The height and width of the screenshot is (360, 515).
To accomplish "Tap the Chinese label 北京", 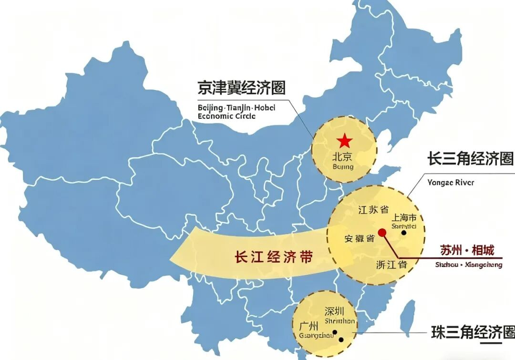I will pyautogui.click(x=342, y=157).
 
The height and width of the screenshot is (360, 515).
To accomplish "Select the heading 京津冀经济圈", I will pyautogui.click(x=241, y=88).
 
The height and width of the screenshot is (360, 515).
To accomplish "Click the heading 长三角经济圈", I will pyautogui.click(x=470, y=159).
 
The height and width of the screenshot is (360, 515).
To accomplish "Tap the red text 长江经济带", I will pyautogui.click(x=274, y=257).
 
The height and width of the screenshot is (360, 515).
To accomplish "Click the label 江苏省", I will pyautogui.click(x=373, y=209).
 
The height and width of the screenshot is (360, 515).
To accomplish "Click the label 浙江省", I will pyautogui.click(x=391, y=264).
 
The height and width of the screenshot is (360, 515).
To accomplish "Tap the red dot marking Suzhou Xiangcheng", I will pyautogui.click(x=382, y=233).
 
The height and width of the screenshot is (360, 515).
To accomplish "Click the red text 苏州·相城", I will pyautogui.click(x=466, y=250).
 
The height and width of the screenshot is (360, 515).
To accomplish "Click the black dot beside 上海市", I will pyautogui.click(x=404, y=233).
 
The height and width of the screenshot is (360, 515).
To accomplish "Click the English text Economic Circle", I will pyautogui.click(x=227, y=116).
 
